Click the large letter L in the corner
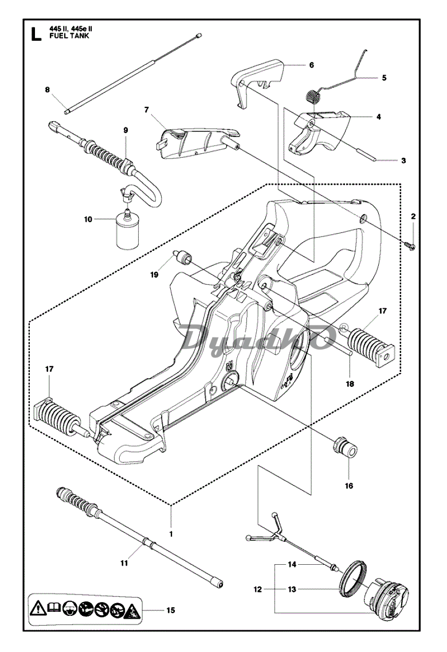pyautogui.click(x=36, y=34)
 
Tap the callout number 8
pyautogui.click(x=48, y=90)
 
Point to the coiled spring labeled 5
pyautogui.click(x=316, y=98)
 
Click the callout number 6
pyautogui.click(x=312, y=65)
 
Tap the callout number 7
pyautogui.click(x=146, y=110)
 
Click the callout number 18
pyautogui.click(x=350, y=384)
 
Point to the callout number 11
pyautogui.click(x=124, y=563)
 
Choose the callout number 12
pyautogui.click(x=258, y=589)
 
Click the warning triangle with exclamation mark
pyautogui.click(x=38, y=610)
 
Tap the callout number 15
pyautogui.click(x=171, y=611)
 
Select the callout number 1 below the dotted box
pyautogui.click(x=171, y=534)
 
